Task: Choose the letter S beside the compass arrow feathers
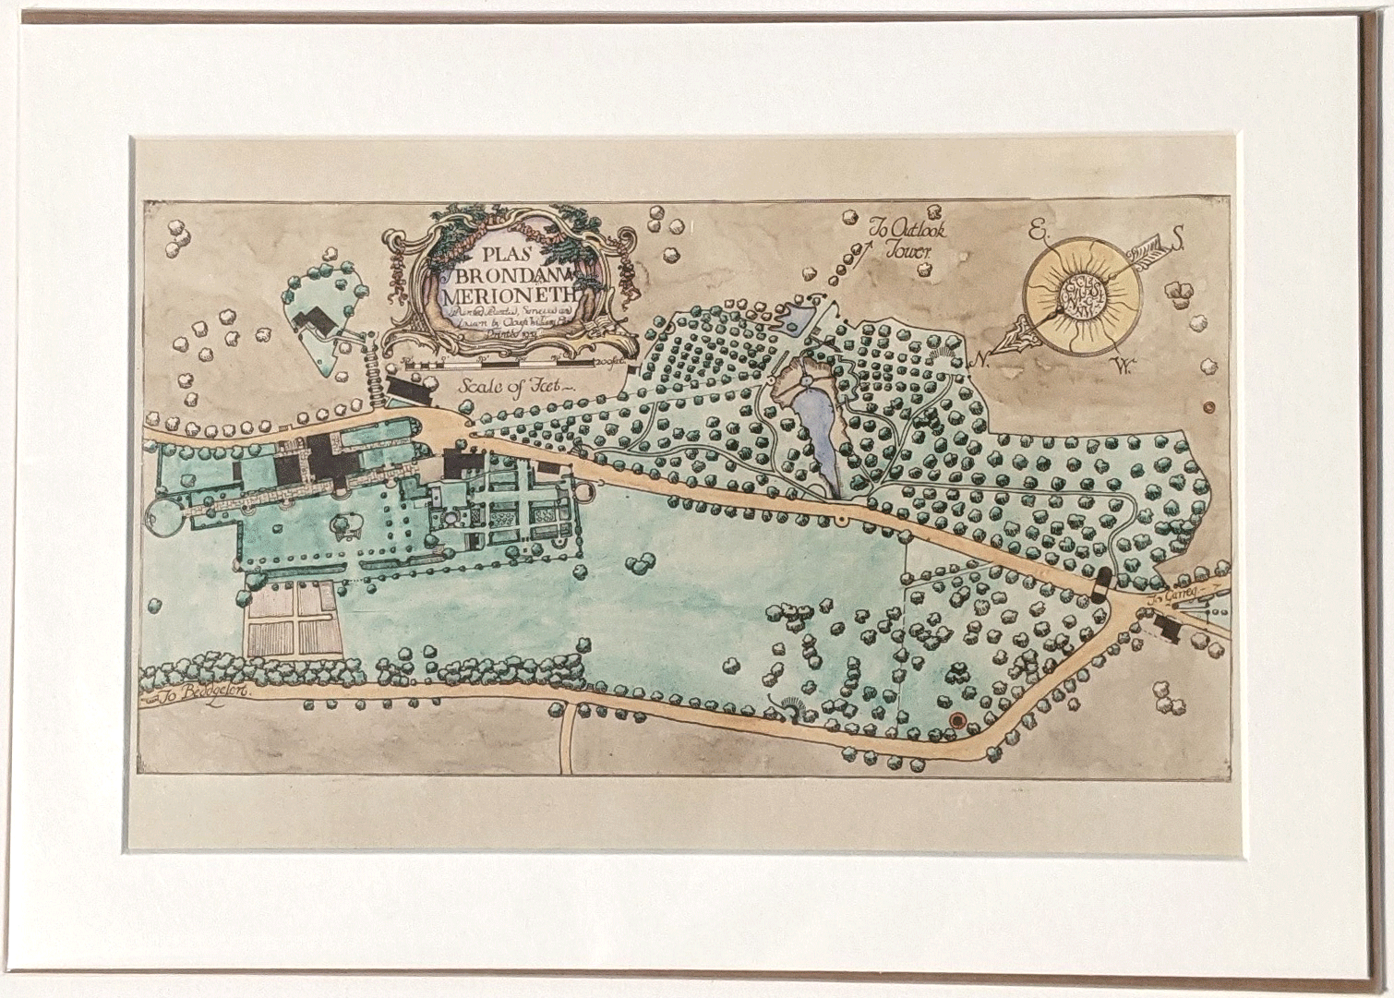pyautogui.click(x=1177, y=245)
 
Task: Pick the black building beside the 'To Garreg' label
pyautogui.click(x=1167, y=628)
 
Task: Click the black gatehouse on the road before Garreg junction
pyautogui.click(x=1100, y=584)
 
